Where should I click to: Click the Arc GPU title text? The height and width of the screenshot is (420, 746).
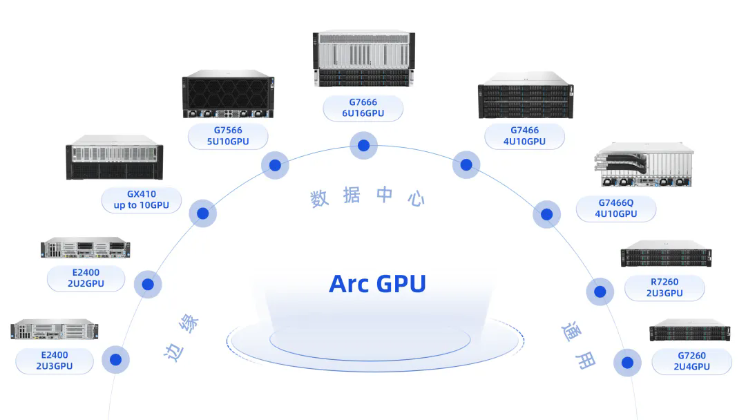pyautogui.click(x=377, y=283)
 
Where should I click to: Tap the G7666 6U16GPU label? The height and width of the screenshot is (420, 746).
pyautogui.click(x=363, y=108)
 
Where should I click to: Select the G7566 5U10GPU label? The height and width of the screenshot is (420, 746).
pyautogui.click(x=228, y=136)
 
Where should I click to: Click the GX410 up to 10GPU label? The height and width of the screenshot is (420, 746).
pyautogui.click(x=141, y=200)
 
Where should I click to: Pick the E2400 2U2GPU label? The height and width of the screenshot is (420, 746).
pyautogui.click(x=86, y=278)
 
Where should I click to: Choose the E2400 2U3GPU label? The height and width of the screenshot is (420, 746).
pyautogui.click(x=54, y=361)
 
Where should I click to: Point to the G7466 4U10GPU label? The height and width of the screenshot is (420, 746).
pyautogui.click(x=524, y=136)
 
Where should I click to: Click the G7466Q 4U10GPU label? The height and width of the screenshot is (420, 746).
pyautogui.click(x=616, y=209)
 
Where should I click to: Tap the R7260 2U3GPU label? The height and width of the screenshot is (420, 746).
pyautogui.click(x=664, y=287)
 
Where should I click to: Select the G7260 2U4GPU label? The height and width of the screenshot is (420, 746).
pyautogui.click(x=691, y=361)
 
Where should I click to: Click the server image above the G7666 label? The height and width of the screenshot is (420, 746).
pyautogui.click(x=363, y=59)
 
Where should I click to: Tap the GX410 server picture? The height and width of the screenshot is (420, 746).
pyautogui.click(x=115, y=157)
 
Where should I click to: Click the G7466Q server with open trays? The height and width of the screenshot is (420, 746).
pyautogui.click(x=642, y=166)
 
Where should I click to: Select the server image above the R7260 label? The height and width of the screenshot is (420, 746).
pyautogui.click(x=666, y=254)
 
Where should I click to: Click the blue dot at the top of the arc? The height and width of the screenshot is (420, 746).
pyautogui.click(x=363, y=146)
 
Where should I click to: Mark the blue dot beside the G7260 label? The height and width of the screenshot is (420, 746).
pyautogui.click(x=627, y=362)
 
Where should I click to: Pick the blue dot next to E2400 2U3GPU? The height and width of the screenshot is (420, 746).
pyautogui.click(x=115, y=359)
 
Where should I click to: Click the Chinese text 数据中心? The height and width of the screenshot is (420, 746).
pyautogui.click(x=367, y=197)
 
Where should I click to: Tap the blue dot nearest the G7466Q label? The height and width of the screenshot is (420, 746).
pyautogui.click(x=546, y=214)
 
